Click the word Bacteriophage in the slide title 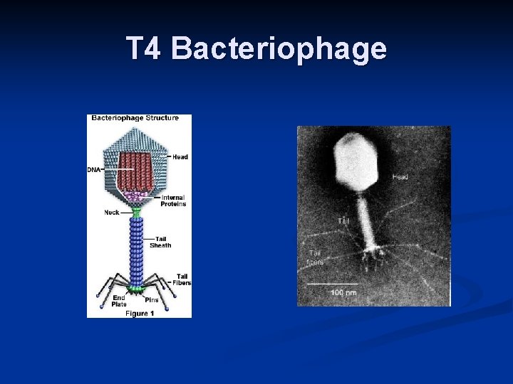click(x=279, y=49)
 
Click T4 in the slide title click(x=146, y=49)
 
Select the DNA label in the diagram click(x=93, y=169)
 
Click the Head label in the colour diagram click(x=180, y=156)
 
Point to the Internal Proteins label click(x=173, y=201)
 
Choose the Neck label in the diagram click(x=112, y=212)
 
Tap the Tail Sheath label click(x=160, y=242)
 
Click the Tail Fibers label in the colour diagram click(x=182, y=279)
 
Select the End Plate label click(x=99, y=301)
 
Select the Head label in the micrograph click(x=400, y=176)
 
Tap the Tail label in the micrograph click(x=343, y=220)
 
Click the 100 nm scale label click(x=343, y=292)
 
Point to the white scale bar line click(x=332, y=284)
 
